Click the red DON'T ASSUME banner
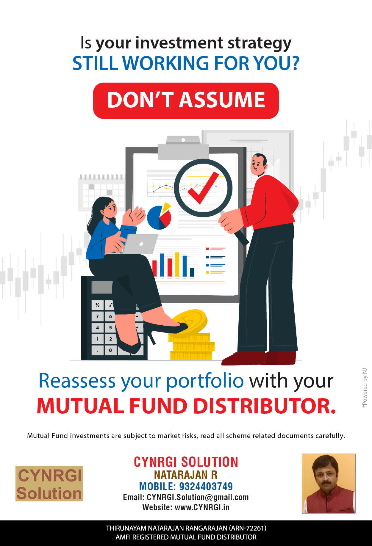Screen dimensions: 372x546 pos(186,101)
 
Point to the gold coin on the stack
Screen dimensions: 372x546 pos(190,321)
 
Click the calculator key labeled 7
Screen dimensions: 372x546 pos(97,316)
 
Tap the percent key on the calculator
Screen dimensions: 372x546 pos(97,305)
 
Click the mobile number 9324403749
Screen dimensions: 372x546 pos(206,487)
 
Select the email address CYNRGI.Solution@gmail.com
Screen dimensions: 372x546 pos(198,498)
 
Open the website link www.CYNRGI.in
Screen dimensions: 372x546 pos(202,507)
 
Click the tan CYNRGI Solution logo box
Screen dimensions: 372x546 pos(49,484)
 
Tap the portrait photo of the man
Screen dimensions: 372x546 pos(329,484)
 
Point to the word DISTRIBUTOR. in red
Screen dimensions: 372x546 pos(265,406)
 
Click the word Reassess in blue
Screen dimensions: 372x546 pos(77,381)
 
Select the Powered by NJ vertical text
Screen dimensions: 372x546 pos(365,388)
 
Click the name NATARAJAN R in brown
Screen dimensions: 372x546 pos(186,475)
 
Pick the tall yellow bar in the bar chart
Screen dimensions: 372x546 pos(177,264)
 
